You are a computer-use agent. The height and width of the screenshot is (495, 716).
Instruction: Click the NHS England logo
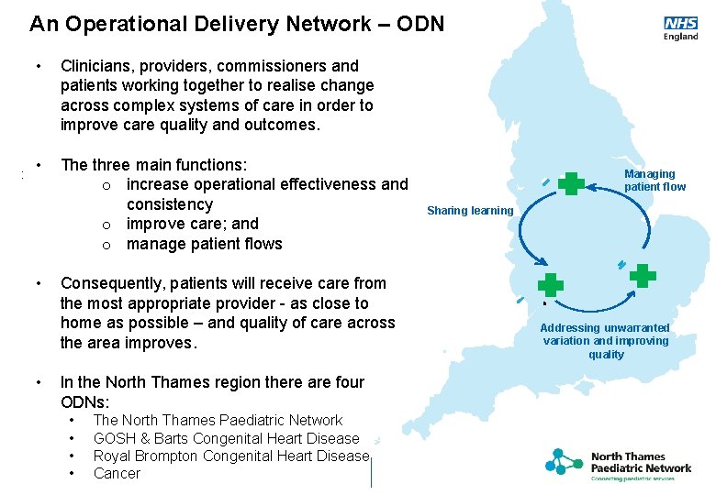pos(680,28)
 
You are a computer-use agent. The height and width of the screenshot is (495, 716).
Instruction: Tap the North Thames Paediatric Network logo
pos(619,466)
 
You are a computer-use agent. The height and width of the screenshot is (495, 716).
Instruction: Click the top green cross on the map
pos(571,183)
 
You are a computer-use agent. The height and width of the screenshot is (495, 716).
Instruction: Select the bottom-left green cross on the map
pos(550,285)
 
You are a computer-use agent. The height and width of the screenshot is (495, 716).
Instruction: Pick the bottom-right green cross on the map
pos(643,275)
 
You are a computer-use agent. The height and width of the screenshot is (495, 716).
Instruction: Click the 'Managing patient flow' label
pos(654,180)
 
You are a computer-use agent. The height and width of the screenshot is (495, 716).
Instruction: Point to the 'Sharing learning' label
pos(470,211)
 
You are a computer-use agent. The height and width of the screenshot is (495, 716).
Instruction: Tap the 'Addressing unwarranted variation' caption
pos(605,341)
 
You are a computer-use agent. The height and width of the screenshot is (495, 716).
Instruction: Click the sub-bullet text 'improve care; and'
pos(193,224)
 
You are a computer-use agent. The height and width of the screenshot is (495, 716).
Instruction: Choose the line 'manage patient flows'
pos(205,244)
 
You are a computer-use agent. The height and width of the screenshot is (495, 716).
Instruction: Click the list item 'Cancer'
pos(117,473)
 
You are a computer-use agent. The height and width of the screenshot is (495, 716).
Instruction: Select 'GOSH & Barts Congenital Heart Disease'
pos(226,438)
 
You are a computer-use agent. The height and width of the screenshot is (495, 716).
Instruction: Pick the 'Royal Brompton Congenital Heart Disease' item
pos(230,456)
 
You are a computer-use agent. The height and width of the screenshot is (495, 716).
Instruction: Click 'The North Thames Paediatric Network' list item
pos(218,420)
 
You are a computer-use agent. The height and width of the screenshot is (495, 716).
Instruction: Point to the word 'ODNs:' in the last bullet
pos(84,401)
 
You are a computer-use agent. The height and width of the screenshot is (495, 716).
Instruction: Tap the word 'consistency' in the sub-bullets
pos(169,204)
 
